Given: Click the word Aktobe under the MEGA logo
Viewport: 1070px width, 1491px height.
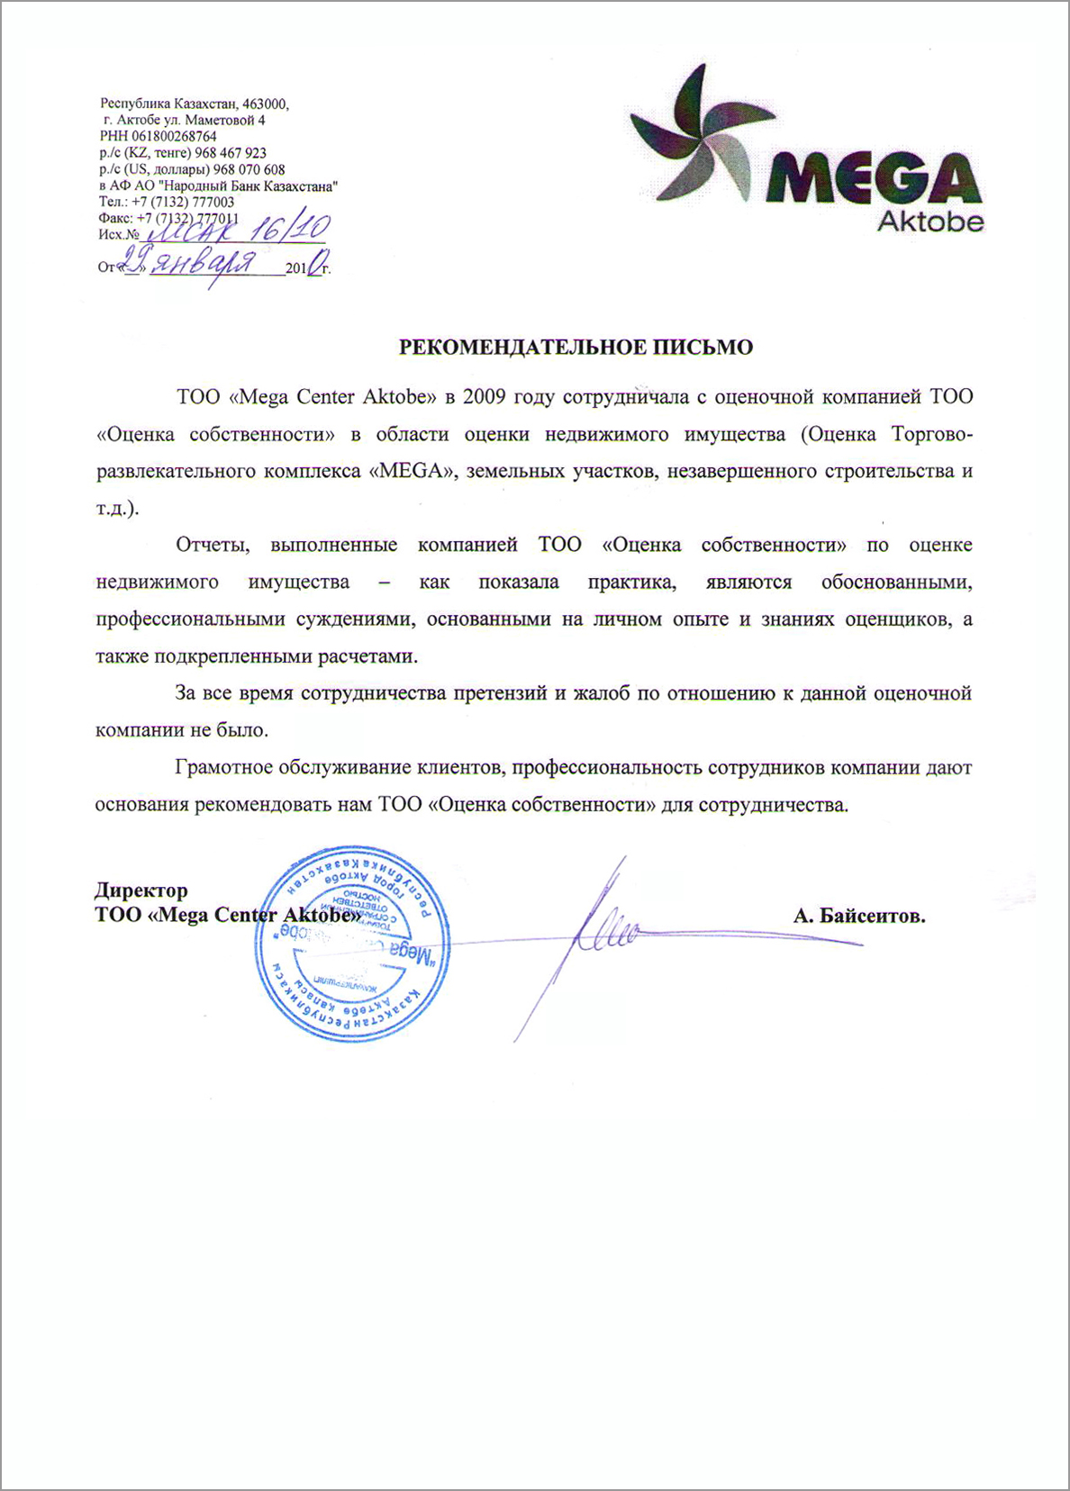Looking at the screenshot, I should (929, 221).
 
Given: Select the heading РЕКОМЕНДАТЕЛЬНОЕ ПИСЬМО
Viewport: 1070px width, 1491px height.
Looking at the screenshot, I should (576, 348).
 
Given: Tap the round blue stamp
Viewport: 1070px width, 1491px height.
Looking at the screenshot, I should (352, 944).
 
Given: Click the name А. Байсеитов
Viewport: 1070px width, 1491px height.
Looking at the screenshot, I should (859, 917).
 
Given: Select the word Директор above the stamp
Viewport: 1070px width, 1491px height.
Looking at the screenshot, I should (141, 890).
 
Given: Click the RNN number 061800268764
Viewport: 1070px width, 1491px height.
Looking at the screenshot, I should (174, 137).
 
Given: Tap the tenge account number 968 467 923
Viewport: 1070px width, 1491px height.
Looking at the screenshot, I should (231, 153).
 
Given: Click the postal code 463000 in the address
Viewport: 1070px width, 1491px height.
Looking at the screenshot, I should (265, 104).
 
